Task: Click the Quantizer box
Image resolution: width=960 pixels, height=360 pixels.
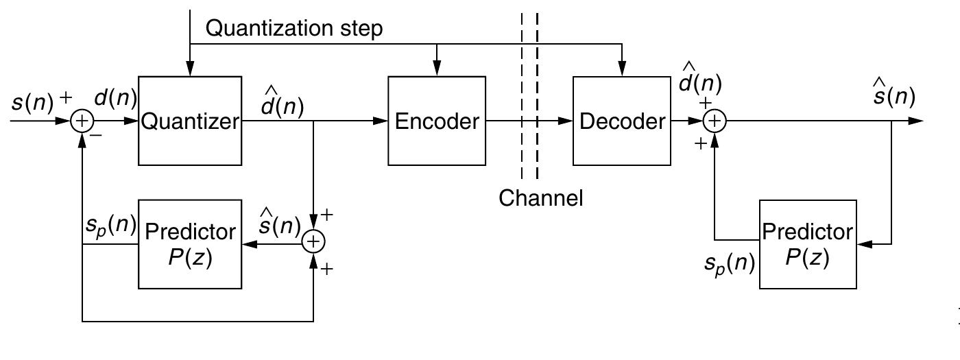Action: pyautogui.click(x=190, y=121)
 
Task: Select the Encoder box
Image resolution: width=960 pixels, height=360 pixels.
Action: pyautogui.click(x=437, y=121)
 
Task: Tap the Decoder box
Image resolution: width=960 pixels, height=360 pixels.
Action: pyautogui.click(x=622, y=121)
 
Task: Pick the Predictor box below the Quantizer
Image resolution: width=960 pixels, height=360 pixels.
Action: pyautogui.click(x=190, y=244)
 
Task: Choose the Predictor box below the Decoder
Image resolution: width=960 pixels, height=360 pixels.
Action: pyautogui.click(x=808, y=244)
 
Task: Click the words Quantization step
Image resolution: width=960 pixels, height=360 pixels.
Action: pyautogui.click(x=294, y=28)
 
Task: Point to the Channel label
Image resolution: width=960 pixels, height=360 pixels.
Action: pyautogui.click(x=540, y=198)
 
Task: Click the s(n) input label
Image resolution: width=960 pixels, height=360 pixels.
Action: pyautogui.click(x=33, y=103)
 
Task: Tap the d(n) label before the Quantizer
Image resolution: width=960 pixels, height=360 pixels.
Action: pyautogui.click(x=115, y=99)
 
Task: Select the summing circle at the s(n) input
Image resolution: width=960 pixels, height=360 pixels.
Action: pyautogui.click(x=82, y=121)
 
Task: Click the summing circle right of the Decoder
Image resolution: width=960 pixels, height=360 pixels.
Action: pyautogui.click(x=715, y=121)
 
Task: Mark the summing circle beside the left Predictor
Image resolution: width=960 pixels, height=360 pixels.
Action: pyautogui.click(x=313, y=241)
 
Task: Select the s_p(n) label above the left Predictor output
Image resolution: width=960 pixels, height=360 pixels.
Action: pyautogui.click(x=110, y=226)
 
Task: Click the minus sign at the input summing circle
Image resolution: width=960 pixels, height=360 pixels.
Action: pyautogui.click(x=97, y=136)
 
